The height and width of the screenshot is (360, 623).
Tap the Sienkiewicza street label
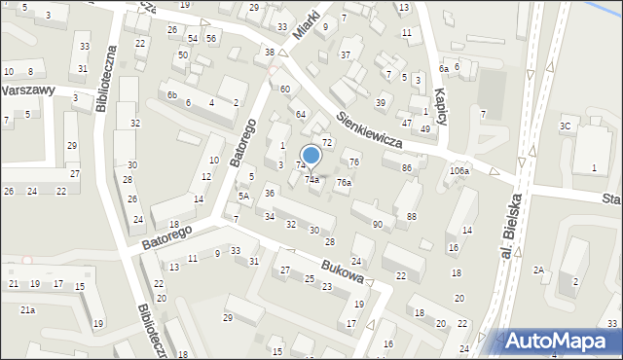[x=370, y=127]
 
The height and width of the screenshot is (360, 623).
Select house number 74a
[x=312, y=179]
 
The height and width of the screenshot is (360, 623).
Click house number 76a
[x=344, y=182]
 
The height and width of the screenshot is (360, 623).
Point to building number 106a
[x=459, y=171]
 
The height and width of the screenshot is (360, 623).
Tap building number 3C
[x=565, y=126]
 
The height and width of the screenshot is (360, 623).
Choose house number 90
[x=377, y=225]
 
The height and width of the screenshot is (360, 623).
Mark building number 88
[x=412, y=216]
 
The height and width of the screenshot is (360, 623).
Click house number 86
[x=406, y=168]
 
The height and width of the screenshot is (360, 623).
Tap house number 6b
[x=171, y=94]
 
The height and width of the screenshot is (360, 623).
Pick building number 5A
[x=244, y=196]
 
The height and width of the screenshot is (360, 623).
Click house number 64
[x=302, y=115]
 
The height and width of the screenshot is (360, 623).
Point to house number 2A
[x=538, y=270]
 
